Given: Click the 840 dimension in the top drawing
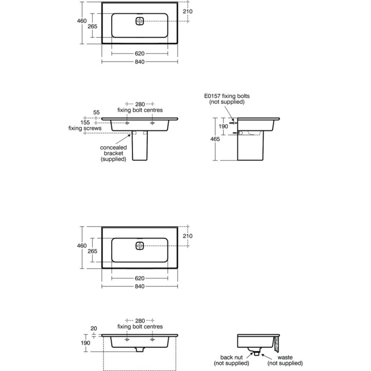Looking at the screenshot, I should coord(140,61).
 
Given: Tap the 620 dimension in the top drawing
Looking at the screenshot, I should coord(140,53).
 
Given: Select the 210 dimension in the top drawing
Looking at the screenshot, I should coord(187,11).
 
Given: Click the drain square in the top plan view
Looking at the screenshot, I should coord(140,21).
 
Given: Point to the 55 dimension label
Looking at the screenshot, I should coord(96,112).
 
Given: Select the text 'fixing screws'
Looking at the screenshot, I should coord(85,128).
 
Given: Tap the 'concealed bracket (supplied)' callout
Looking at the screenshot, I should coord(113,153).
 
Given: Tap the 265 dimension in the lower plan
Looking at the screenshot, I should coord(92,251).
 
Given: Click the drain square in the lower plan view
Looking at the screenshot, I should coord(140,246).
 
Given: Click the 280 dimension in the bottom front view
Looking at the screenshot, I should coord(140,320).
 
